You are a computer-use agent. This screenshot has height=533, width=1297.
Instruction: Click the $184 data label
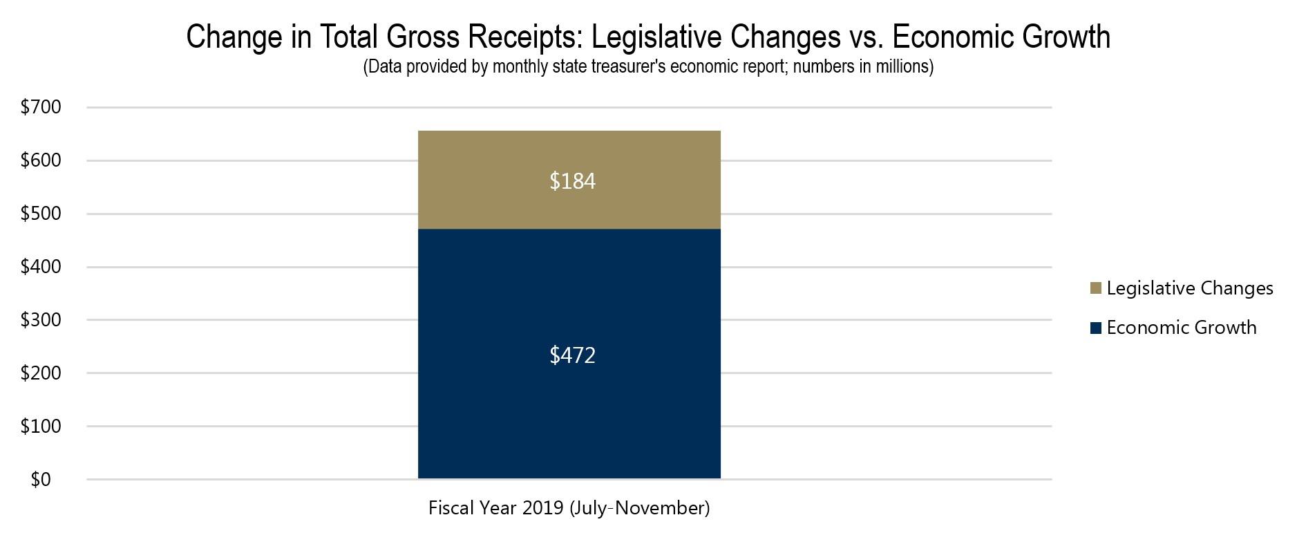[572, 181]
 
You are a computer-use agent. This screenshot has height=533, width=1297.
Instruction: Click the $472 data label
[572, 355]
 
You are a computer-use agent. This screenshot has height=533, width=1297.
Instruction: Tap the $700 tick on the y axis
[41, 107]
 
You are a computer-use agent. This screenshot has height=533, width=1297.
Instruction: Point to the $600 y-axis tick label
[41, 160]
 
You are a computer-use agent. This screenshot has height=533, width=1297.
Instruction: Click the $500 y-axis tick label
[41, 214]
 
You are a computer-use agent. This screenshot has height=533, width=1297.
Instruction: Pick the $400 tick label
[41, 267]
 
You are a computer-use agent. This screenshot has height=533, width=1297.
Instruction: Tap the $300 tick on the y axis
[41, 320]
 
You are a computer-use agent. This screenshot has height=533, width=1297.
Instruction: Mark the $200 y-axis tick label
[41, 373]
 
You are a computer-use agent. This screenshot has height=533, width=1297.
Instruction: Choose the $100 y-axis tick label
[41, 427]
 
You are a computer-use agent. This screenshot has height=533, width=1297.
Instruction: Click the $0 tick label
[41, 480]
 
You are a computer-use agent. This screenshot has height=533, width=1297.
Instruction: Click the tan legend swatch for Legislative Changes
[1095, 288]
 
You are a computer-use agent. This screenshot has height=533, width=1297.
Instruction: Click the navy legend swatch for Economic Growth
[1095, 328]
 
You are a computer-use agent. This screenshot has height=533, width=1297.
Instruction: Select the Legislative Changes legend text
[1189, 288]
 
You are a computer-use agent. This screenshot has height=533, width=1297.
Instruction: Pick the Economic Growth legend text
[1181, 328]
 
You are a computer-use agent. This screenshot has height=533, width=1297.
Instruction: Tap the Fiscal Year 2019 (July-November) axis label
[569, 508]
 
